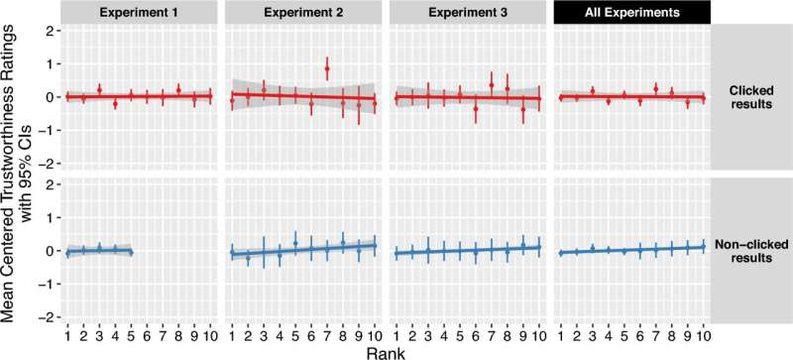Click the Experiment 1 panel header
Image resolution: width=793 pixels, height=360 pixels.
point(139,13)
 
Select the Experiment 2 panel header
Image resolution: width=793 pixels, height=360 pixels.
point(303,13)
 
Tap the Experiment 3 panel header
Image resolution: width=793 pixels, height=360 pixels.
point(467,13)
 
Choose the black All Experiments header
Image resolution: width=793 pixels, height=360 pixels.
point(631,13)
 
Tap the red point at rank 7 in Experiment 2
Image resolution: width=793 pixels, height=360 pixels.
point(327,68)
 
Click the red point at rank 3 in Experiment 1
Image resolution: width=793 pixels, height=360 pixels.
point(99,89)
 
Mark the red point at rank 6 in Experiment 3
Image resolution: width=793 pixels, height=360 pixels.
point(475,109)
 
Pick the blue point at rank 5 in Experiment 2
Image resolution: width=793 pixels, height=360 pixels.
point(295,243)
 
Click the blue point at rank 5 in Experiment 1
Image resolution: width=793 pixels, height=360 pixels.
point(131,252)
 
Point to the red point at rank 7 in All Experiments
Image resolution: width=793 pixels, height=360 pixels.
point(655,89)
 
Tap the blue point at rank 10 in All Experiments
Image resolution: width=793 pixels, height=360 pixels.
point(703,247)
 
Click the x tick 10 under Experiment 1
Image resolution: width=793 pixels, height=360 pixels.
point(210,330)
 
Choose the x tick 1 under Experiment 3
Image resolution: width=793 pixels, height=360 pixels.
point(396,330)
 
